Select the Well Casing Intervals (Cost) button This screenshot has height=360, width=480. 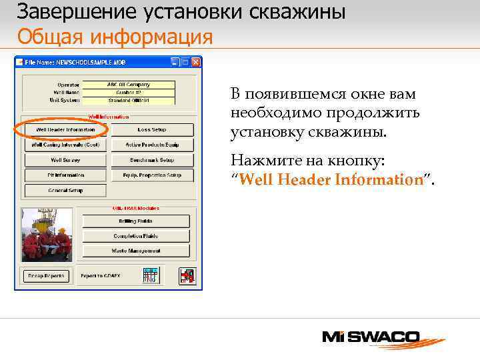click(x=65, y=145)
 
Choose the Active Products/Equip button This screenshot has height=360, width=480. click(x=152, y=145)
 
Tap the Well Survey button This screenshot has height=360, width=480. click(x=65, y=160)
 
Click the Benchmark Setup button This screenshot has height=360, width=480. click(x=152, y=160)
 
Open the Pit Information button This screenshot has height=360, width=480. click(x=65, y=175)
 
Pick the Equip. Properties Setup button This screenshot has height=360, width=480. click(x=152, y=175)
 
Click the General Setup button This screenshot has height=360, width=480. click(x=65, y=190)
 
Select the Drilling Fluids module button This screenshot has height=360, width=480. click(x=136, y=221)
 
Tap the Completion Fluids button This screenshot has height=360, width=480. click(x=136, y=236)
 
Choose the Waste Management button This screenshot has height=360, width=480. click(x=136, y=251)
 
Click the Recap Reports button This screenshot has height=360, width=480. click(x=46, y=275)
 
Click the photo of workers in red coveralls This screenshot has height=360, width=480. click(x=46, y=234)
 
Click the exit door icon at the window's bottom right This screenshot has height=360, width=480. click(x=187, y=275)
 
